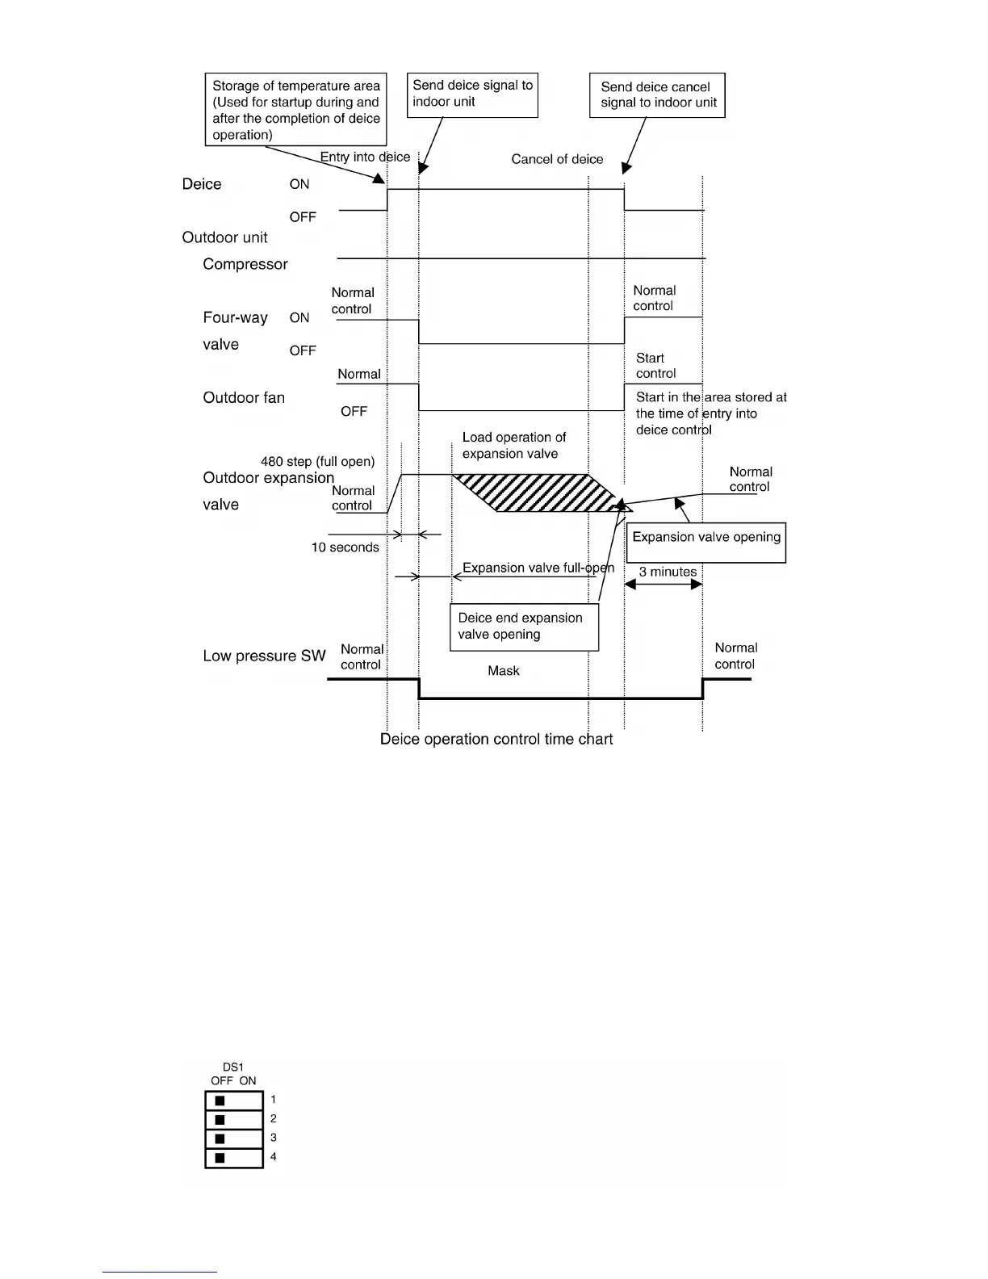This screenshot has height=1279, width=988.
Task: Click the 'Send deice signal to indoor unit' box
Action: click(x=472, y=94)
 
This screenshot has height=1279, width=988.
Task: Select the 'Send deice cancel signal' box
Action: click(x=657, y=95)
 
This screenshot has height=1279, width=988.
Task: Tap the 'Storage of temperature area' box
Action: click(x=295, y=110)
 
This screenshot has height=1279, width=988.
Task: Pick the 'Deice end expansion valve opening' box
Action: click(x=523, y=627)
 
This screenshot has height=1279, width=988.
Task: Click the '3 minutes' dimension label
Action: click(x=668, y=572)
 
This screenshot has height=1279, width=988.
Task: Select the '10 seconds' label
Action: click(x=345, y=547)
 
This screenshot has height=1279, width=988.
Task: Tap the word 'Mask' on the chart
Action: click(x=504, y=671)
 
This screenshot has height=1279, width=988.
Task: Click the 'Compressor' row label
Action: click(x=245, y=264)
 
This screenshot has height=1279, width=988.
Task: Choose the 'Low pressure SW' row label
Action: click(x=264, y=656)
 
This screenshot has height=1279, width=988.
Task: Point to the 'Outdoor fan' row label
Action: click(x=244, y=397)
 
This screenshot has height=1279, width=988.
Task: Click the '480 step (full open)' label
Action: click(x=317, y=462)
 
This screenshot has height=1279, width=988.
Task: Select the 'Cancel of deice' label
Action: click(x=557, y=159)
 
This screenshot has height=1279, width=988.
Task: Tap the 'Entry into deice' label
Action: click(x=365, y=157)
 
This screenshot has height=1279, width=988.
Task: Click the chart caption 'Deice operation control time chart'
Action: click(x=496, y=740)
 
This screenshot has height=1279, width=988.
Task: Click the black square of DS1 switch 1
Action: click(x=220, y=1101)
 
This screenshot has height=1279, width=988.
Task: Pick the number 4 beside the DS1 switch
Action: click(x=274, y=1157)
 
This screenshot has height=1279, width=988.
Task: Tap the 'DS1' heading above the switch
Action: click(x=233, y=1067)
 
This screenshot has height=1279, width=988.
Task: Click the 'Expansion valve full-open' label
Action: click(x=538, y=568)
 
